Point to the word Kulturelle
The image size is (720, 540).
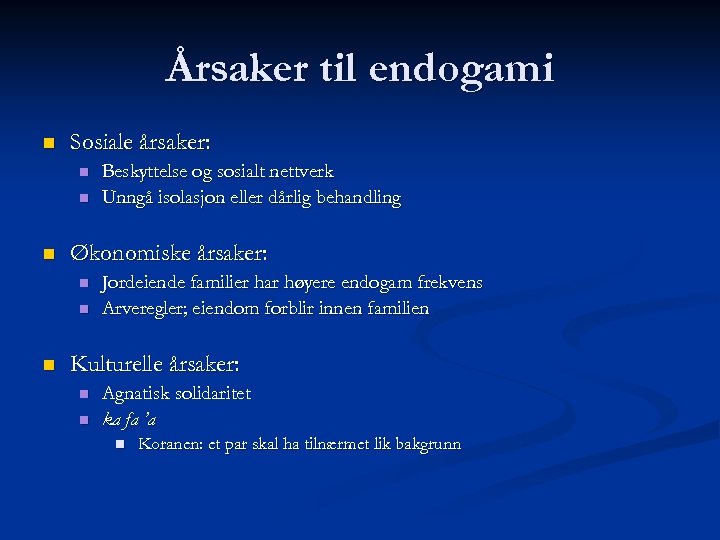[x=109, y=364]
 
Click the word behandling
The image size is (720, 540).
[x=356, y=198]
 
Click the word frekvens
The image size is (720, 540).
[x=448, y=283]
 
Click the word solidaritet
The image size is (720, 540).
[x=213, y=394]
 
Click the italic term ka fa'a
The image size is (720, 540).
[x=129, y=419]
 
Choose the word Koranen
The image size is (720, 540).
[x=168, y=444]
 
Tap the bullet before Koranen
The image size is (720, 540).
[x=119, y=443]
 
